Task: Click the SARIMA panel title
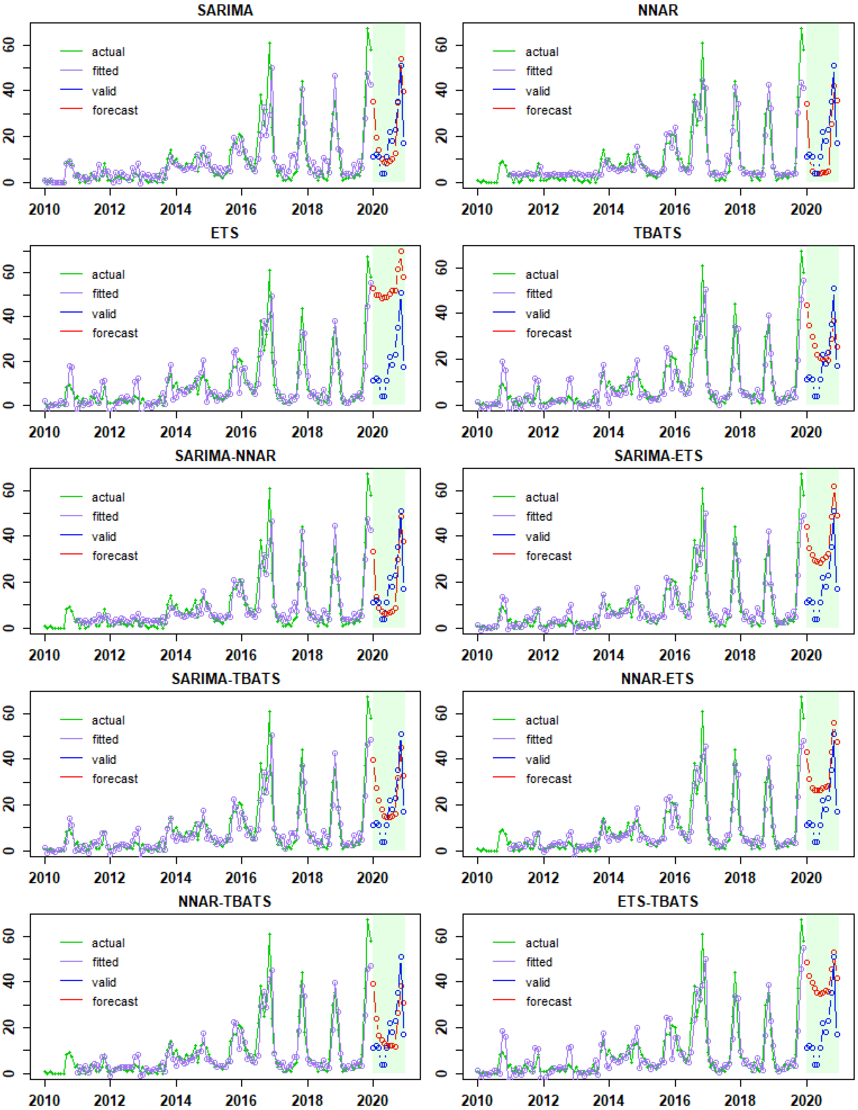tap(225, 10)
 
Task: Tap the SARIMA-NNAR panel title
tap(225, 455)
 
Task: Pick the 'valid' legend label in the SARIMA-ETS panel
tap(537, 537)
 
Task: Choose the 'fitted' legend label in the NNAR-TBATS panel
tap(105, 962)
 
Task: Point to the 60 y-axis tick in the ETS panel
tap(9, 273)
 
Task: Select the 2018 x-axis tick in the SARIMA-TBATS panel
tap(307, 878)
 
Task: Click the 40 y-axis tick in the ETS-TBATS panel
tap(442, 982)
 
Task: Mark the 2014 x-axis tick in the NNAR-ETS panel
tap(609, 878)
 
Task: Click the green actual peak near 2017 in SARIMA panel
tap(270, 43)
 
